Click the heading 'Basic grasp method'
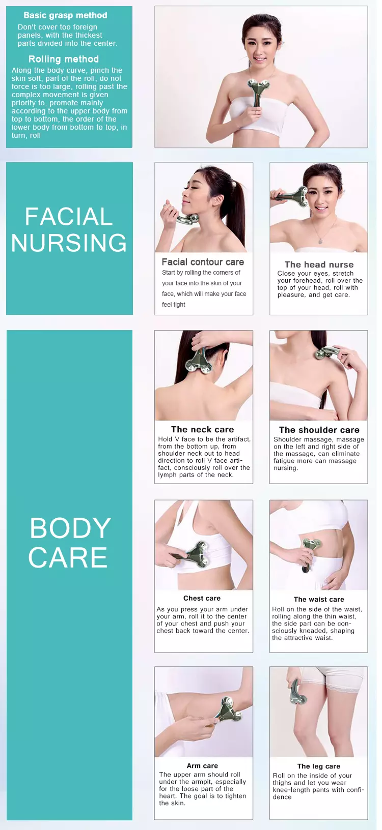click(65, 15)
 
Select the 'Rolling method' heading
click(64, 59)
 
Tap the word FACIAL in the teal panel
click(69, 216)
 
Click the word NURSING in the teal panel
click(69, 243)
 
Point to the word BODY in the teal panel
click(70, 528)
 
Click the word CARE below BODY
click(68, 557)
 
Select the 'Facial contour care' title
click(203, 262)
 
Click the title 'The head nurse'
click(319, 264)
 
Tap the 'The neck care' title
click(202, 429)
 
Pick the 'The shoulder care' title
click(319, 430)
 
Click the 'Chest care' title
click(202, 598)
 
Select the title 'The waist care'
click(319, 599)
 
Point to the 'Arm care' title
click(202, 765)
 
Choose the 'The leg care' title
click(318, 766)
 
